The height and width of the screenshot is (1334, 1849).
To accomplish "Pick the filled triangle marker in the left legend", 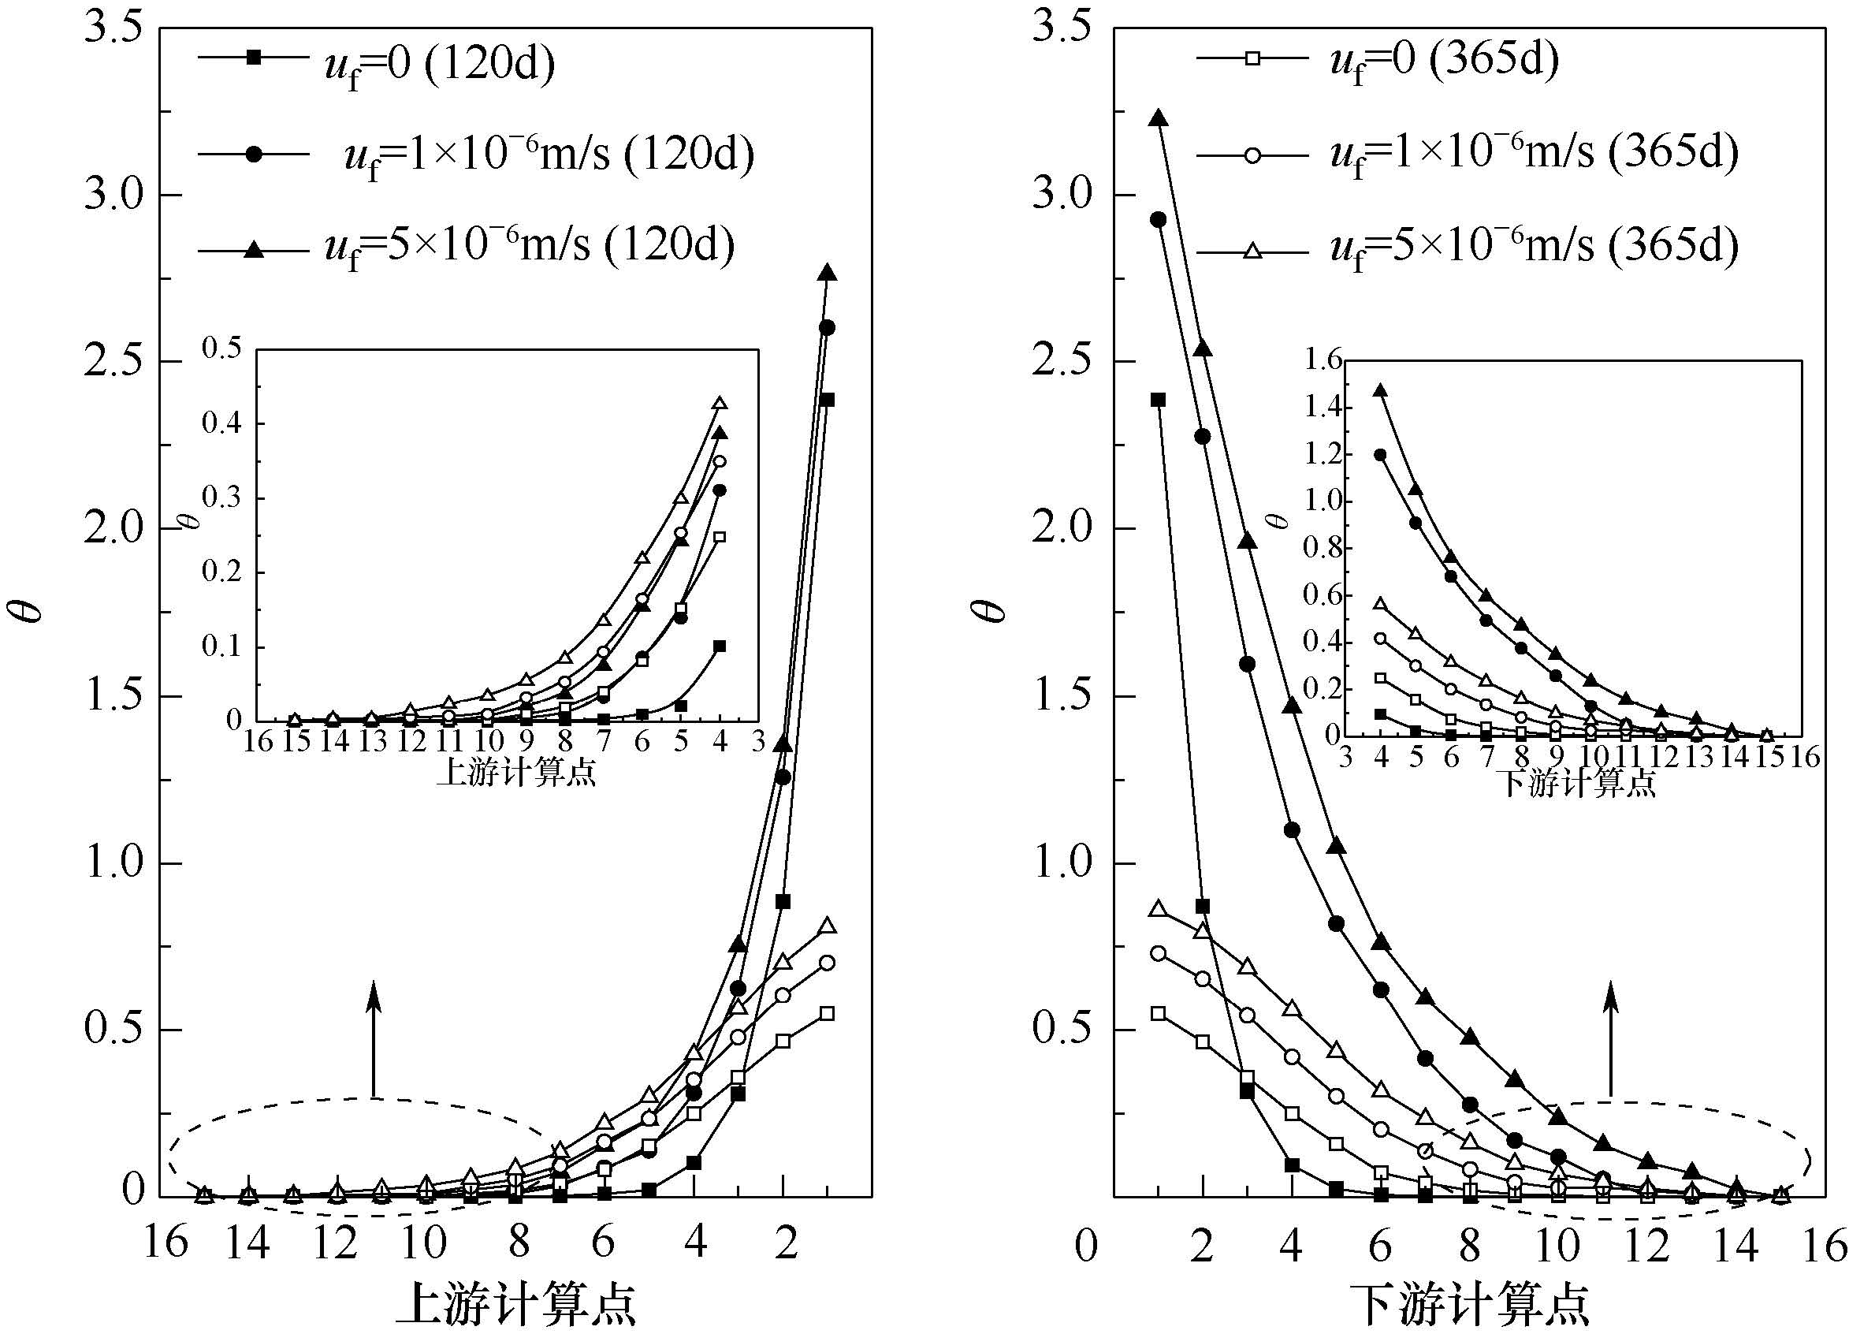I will [255, 251].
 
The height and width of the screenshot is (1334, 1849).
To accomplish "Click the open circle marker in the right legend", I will [1252, 156].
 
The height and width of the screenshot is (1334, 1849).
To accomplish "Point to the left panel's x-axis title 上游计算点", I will [515, 1303].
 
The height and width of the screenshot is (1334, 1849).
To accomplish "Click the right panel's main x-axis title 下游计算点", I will [1468, 1303].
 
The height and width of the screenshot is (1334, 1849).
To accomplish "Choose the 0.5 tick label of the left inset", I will [221, 348].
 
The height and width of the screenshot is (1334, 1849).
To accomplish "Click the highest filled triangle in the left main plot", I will [828, 272].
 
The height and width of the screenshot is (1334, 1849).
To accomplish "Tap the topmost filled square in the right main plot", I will [1159, 400].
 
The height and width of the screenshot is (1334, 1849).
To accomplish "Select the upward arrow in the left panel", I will [374, 1040].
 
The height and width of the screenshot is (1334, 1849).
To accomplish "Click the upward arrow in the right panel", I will [1611, 1040].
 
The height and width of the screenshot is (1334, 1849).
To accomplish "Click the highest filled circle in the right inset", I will [1380, 454].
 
